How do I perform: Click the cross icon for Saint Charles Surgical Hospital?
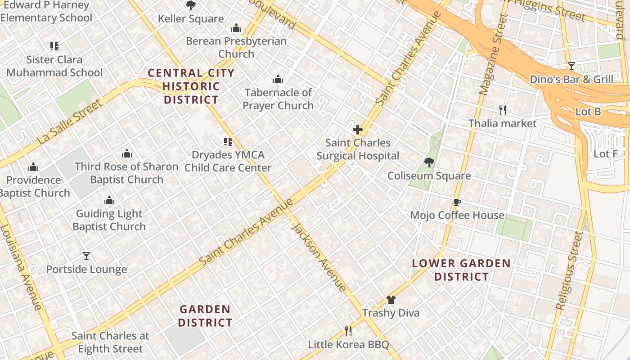(x=358, y=130)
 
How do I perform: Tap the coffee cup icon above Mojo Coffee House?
(x=457, y=202)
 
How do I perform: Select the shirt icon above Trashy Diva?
(x=391, y=300)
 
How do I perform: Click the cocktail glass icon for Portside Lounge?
(x=86, y=256)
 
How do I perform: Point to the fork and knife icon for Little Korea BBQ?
(x=348, y=332)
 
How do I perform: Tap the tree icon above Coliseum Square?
(x=429, y=162)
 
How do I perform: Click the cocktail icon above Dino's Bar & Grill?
(x=571, y=66)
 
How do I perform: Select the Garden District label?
(x=205, y=316)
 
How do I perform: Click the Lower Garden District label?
(x=462, y=270)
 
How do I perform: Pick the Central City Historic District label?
(x=191, y=86)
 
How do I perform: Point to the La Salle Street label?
(x=70, y=122)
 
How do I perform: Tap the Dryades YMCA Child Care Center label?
(x=228, y=161)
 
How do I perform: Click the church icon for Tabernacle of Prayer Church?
(x=278, y=80)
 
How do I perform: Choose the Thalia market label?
(x=502, y=123)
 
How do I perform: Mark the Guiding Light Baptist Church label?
(x=109, y=220)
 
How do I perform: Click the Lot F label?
(x=605, y=154)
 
